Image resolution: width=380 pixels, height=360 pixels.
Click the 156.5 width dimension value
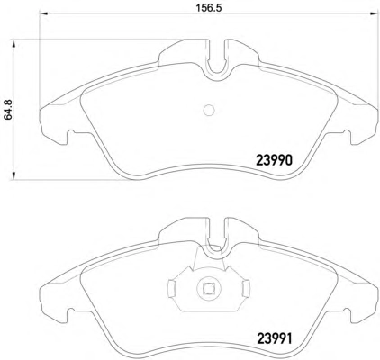[209, 8]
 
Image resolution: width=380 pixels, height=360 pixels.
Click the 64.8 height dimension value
[8, 110]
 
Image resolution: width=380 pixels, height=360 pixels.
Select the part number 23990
[274, 160]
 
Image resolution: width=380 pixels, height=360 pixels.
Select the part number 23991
[274, 338]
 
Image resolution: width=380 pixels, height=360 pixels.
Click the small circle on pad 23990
[209, 110]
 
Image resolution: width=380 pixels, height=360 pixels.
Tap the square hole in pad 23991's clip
[208, 289]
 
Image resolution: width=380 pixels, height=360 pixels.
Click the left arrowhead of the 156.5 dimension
[44, 13]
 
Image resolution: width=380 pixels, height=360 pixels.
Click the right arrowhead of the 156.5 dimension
[374, 13]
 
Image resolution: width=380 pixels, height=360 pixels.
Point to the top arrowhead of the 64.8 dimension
[14, 44]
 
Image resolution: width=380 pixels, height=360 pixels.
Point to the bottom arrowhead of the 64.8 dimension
[14, 175]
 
